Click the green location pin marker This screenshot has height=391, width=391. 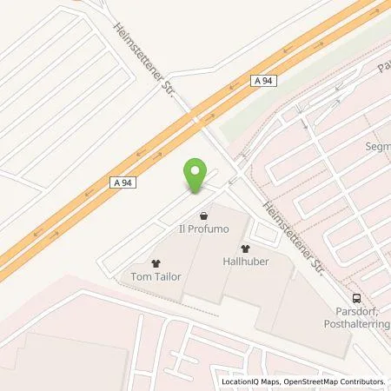(x=195, y=177)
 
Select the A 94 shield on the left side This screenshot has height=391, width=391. (x=124, y=183)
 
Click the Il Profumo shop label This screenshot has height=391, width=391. (x=203, y=229)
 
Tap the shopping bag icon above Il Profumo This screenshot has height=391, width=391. (x=203, y=214)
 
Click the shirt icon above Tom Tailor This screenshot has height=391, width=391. (x=156, y=262)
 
